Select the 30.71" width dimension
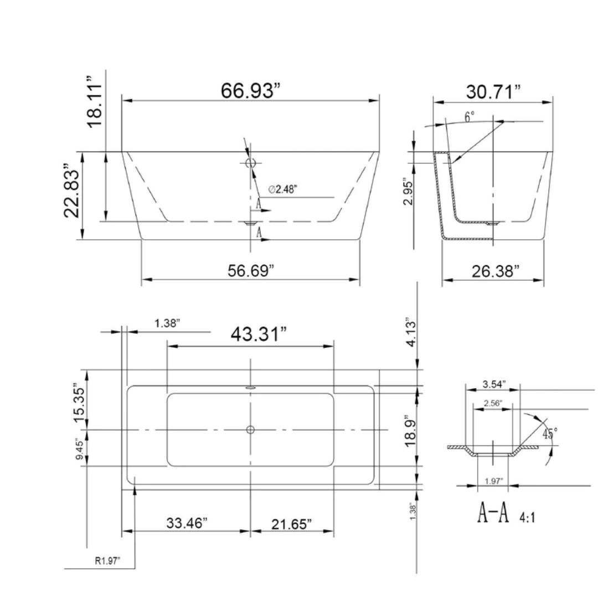coord(492,91)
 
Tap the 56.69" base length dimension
coord(251,271)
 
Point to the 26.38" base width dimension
coord(495,271)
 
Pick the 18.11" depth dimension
coord(95,105)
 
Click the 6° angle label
coord(470,117)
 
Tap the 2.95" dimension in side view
coord(408,192)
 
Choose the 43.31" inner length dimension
coord(259,334)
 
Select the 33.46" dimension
coord(187,523)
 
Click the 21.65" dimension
coord(291,524)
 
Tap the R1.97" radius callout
coord(107,561)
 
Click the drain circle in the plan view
coord(250,430)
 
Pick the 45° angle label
coord(549,432)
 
